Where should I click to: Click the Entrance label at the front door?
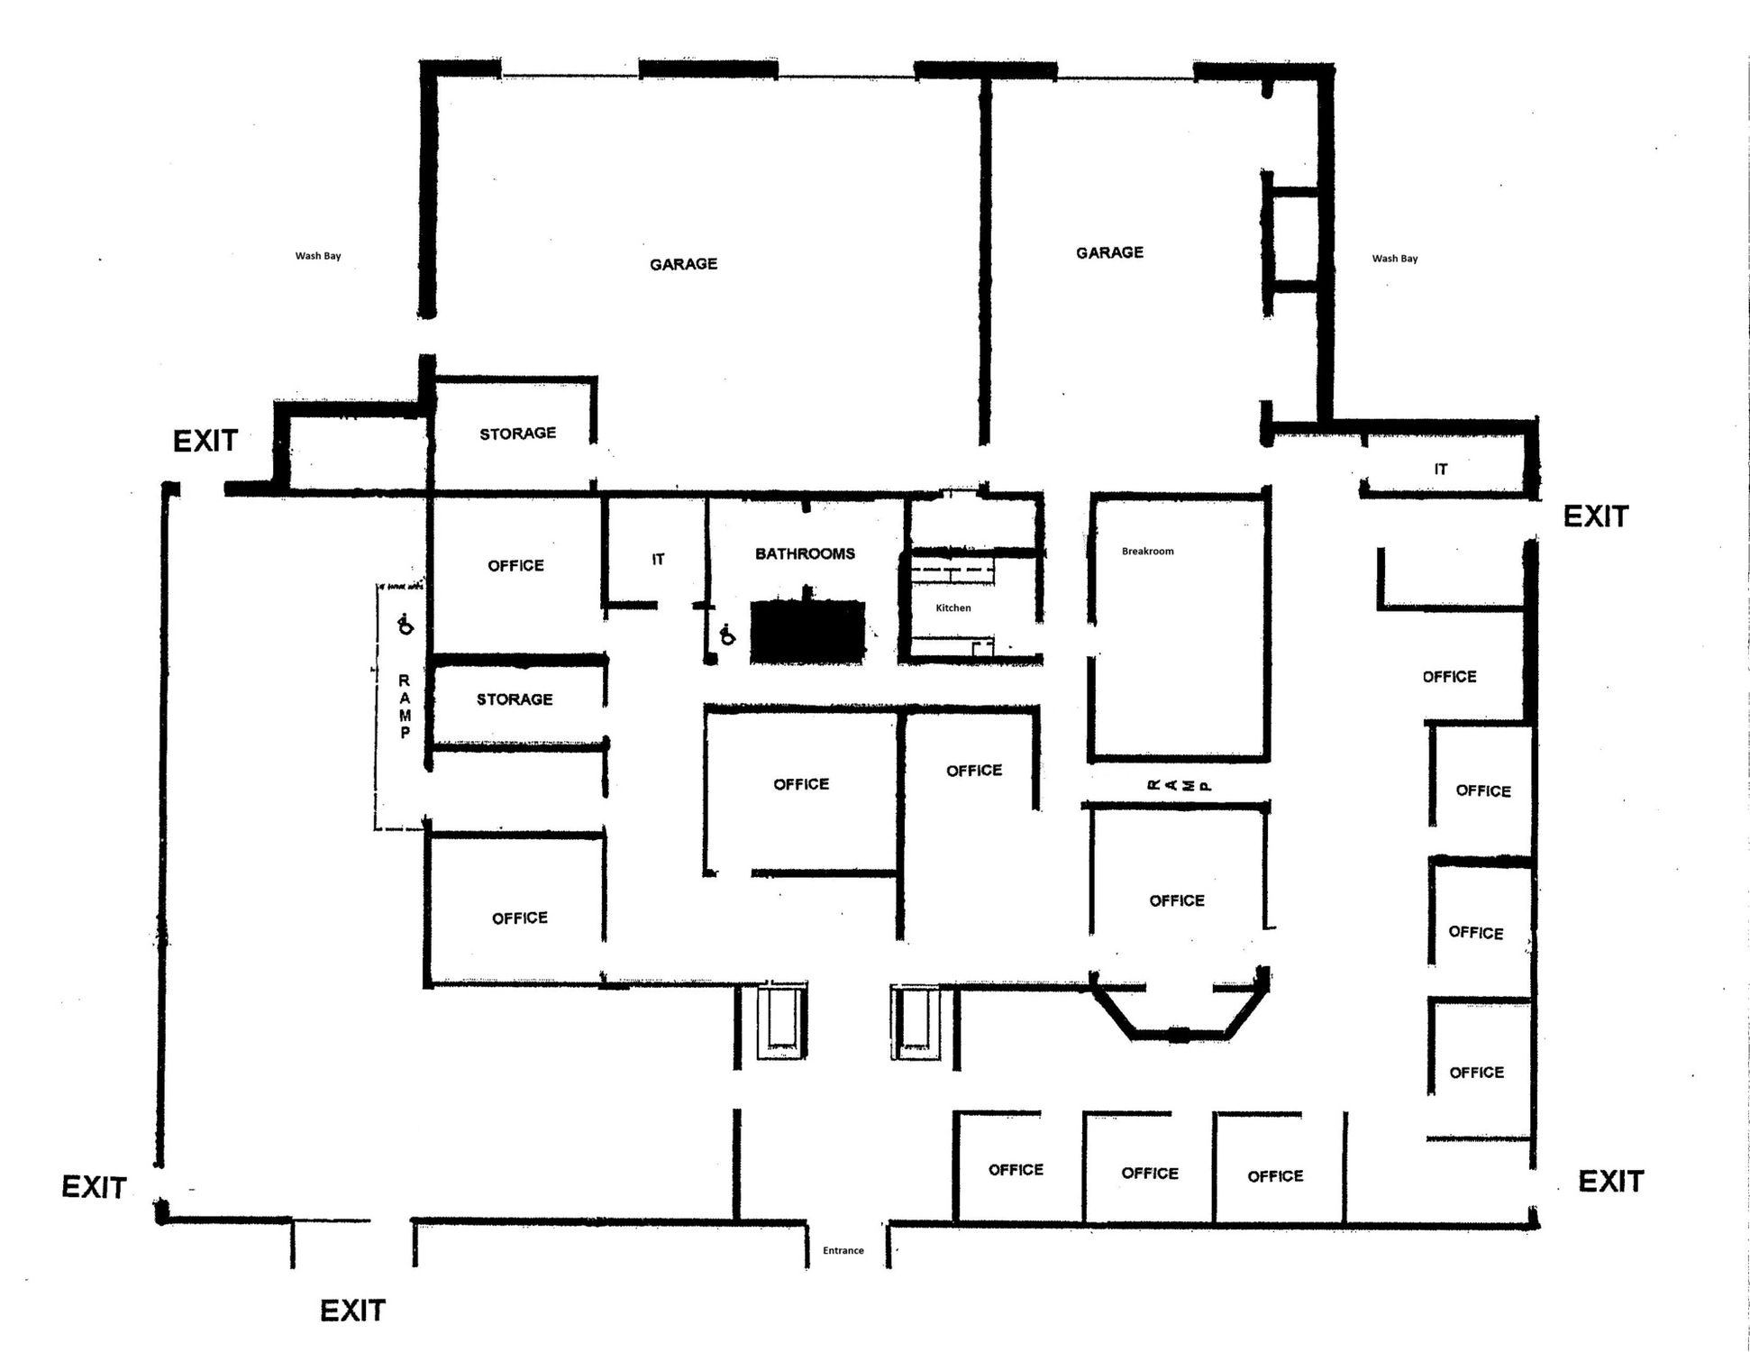pyautogui.click(x=843, y=1250)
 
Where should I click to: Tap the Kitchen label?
pyautogui.click(x=952, y=607)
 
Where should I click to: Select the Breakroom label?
pyautogui.click(x=1147, y=551)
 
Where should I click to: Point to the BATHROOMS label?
pyautogui.click(x=805, y=553)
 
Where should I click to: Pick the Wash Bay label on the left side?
pyautogui.click(x=318, y=256)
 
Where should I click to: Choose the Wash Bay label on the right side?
pyautogui.click(x=1394, y=259)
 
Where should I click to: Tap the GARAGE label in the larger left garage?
pyautogui.click(x=683, y=264)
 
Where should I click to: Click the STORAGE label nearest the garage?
pyautogui.click(x=517, y=434)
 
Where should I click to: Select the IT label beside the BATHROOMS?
pyautogui.click(x=658, y=560)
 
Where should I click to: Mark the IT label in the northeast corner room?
pyautogui.click(x=1440, y=470)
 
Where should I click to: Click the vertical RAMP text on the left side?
pyautogui.click(x=405, y=707)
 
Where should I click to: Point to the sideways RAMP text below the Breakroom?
pyautogui.click(x=1178, y=786)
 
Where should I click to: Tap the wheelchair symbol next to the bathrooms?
pyautogui.click(x=727, y=635)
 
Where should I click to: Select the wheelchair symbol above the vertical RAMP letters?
pyautogui.click(x=406, y=623)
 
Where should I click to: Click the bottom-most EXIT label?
pyautogui.click(x=352, y=1310)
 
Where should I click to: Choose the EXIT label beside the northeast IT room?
pyautogui.click(x=1595, y=516)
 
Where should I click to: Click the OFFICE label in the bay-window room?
pyautogui.click(x=1176, y=900)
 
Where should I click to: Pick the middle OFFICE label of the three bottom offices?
pyautogui.click(x=1149, y=1173)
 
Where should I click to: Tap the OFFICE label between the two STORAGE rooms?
pyautogui.click(x=515, y=566)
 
